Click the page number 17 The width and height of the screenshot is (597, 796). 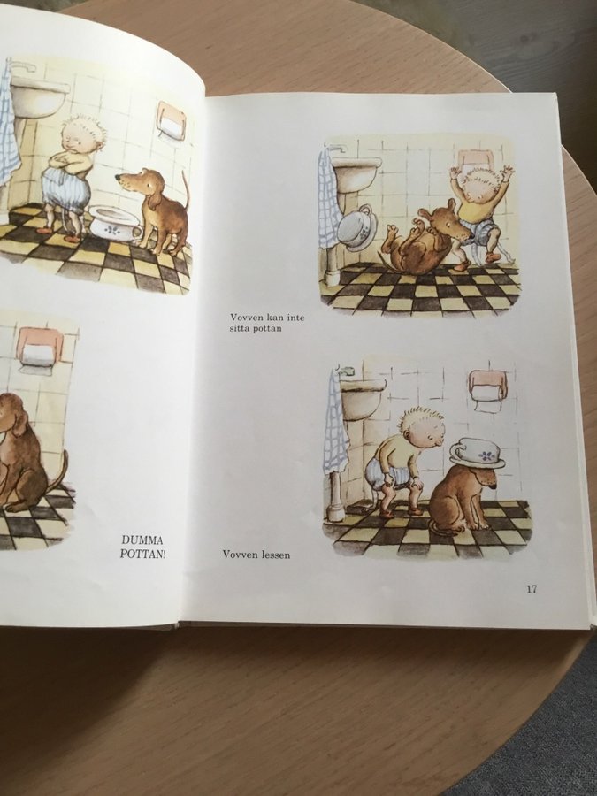(531, 589)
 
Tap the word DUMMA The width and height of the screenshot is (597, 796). (142, 540)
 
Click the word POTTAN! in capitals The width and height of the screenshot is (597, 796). (142, 553)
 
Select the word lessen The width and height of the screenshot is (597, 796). (276, 555)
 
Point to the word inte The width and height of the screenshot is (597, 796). (295, 318)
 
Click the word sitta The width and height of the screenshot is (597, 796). (240, 328)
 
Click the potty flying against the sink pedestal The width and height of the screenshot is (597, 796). (357, 227)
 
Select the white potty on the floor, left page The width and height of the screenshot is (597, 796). (114, 221)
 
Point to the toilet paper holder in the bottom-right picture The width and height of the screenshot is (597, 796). (487, 388)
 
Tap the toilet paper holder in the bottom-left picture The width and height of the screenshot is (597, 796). (39, 350)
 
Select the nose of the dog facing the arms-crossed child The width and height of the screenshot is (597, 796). (118, 178)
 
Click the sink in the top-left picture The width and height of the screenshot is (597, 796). (38, 96)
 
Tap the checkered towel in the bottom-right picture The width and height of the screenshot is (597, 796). (335, 424)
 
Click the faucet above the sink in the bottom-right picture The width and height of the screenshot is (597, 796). (344, 369)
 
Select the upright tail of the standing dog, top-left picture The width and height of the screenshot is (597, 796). (186, 190)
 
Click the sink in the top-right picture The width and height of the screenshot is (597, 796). (356, 173)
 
